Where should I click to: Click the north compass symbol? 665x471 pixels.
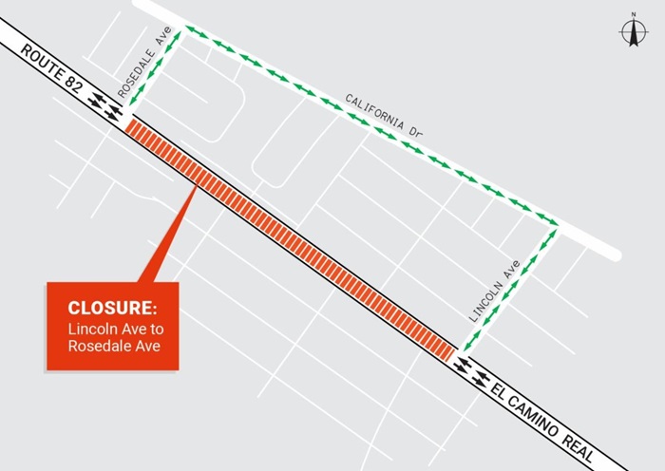point(632,32)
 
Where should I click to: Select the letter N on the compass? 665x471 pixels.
point(632,15)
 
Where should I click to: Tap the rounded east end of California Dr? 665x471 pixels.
point(615,254)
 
